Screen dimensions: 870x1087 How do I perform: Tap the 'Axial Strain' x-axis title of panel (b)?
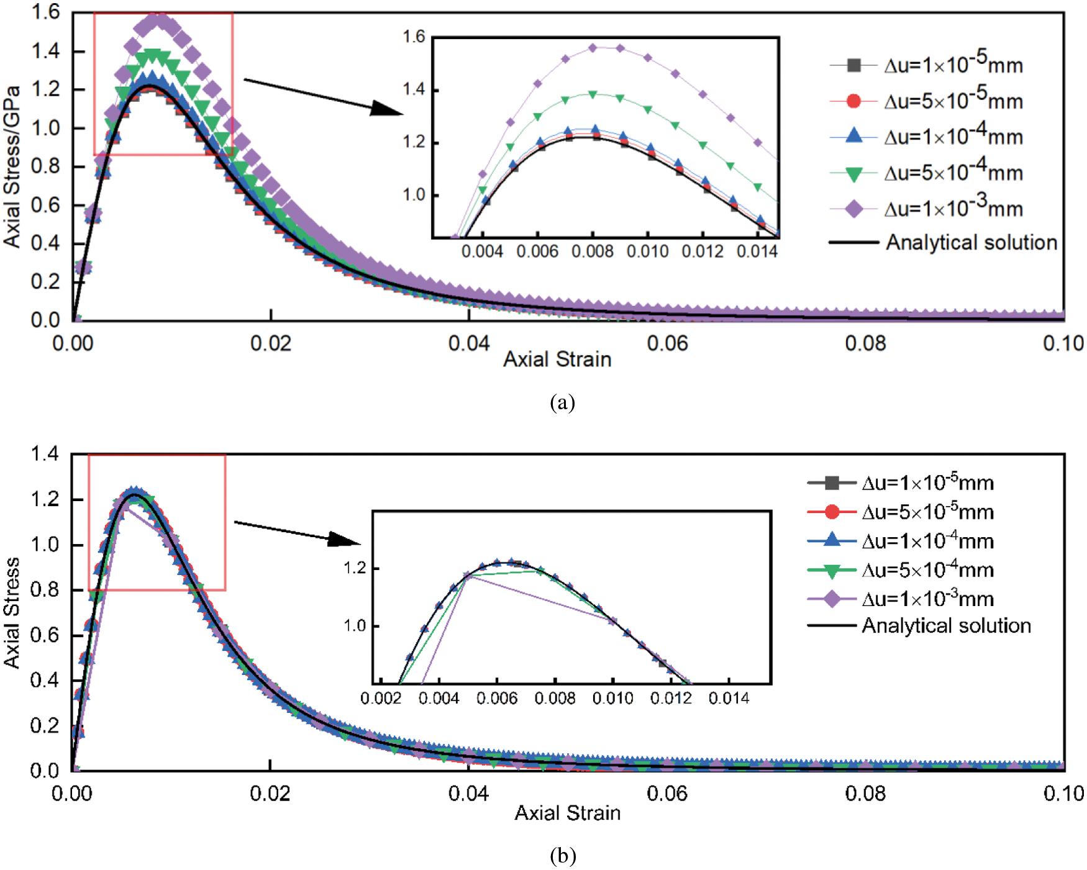[567, 813]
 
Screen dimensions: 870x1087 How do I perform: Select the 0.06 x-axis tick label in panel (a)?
[667, 343]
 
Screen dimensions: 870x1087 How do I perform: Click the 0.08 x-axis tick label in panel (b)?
[865, 794]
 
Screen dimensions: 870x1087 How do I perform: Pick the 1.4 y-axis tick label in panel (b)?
[45, 454]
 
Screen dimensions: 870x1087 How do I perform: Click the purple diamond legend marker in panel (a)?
[854, 209]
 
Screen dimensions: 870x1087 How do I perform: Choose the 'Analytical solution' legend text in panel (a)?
[971, 242]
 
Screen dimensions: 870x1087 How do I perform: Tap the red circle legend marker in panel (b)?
[832, 512]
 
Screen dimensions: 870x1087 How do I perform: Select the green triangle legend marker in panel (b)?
[832, 570]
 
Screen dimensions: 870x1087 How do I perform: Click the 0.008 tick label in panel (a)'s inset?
[593, 251]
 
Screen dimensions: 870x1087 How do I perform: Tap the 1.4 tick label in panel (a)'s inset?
[414, 90]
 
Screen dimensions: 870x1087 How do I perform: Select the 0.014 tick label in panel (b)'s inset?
[729, 699]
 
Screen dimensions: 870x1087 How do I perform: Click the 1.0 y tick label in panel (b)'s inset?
[355, 625]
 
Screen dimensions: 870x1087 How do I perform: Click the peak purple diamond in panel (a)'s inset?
[593, 47]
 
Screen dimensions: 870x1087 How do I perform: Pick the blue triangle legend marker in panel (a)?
[854, 136]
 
